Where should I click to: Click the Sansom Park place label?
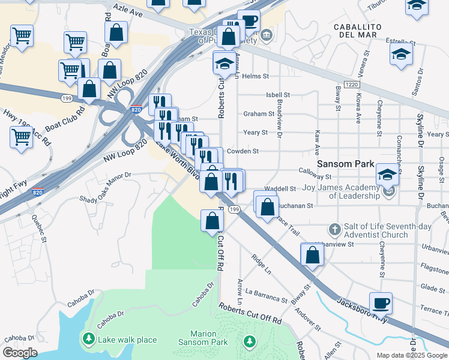(347, 164)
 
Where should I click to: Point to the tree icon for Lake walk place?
(89, 340)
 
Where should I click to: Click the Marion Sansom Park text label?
(203, 338)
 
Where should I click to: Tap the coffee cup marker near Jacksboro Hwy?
(381, 303)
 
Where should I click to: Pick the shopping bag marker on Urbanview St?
(312, 254)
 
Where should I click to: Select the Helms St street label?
(255, 76)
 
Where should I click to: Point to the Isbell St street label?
(278, 95)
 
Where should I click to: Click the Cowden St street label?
(246, 152)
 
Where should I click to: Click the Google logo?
(20, 353)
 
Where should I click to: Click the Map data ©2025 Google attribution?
(412, 355)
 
